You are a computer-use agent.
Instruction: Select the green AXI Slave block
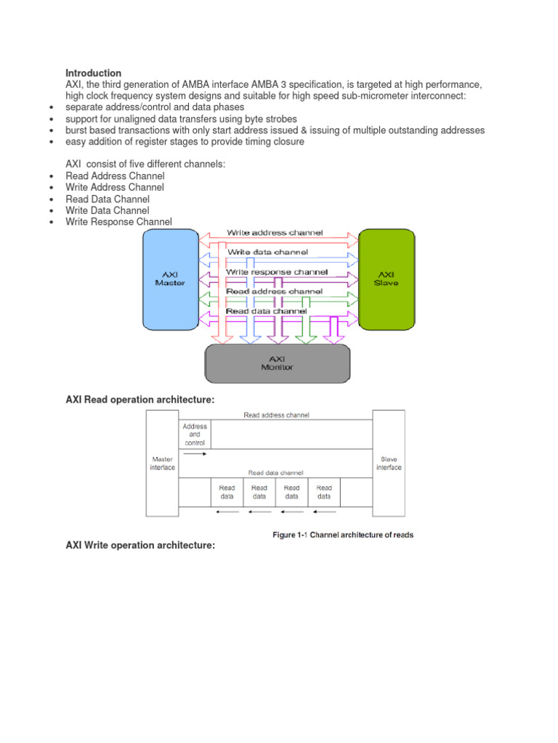[x=386, y=279]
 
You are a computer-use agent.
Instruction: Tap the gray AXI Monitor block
[x=277, y=363]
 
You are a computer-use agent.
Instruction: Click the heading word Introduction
[x=93, y=73]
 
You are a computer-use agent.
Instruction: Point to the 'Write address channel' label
[x=275, y=233]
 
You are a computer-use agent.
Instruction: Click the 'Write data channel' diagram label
[x=267, y=252]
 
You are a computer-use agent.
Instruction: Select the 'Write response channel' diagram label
[x=277, y=271]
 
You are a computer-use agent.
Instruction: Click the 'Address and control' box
[x=195, y=435]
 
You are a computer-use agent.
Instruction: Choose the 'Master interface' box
[x=162, y=463]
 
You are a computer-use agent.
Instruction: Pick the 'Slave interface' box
[x=389, y=463]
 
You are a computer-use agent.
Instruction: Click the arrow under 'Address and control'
[x=195, y=454]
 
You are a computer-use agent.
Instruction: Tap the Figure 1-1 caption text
[x=343, y=535]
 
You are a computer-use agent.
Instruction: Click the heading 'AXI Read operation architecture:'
[x=140, y=399]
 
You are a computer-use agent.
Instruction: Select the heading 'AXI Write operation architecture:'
[x=140, y=545]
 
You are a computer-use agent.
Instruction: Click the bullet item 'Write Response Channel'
[x=118, y=222]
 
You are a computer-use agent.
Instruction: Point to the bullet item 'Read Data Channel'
[x=108, y=199]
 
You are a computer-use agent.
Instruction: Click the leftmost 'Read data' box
[x=227, y=492]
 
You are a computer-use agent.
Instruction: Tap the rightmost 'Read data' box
[x=324, y=492]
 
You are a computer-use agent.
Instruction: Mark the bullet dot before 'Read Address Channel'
[x=52, y=176]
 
